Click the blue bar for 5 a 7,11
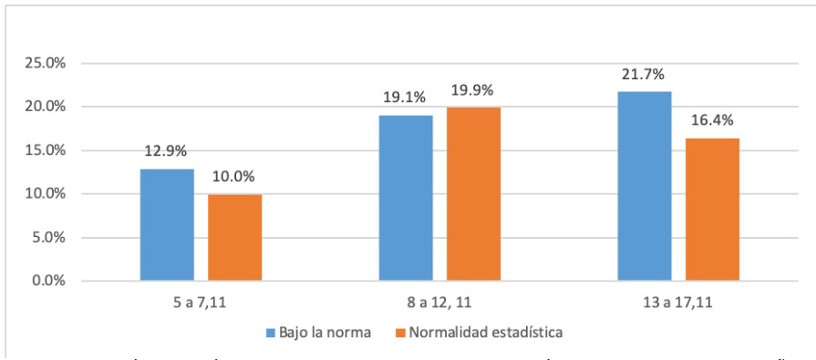pos(167,224)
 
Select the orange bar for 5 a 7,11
pos(234,237)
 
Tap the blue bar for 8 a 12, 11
pos(406,197)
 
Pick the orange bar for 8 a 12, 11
pos(473,193)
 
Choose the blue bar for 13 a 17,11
pos(645,186)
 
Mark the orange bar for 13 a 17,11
pos(712,209)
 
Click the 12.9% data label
pos(167,151)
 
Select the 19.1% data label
pos(406,98)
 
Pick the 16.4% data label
pos(712,120)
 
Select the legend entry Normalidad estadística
pos(484,332)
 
